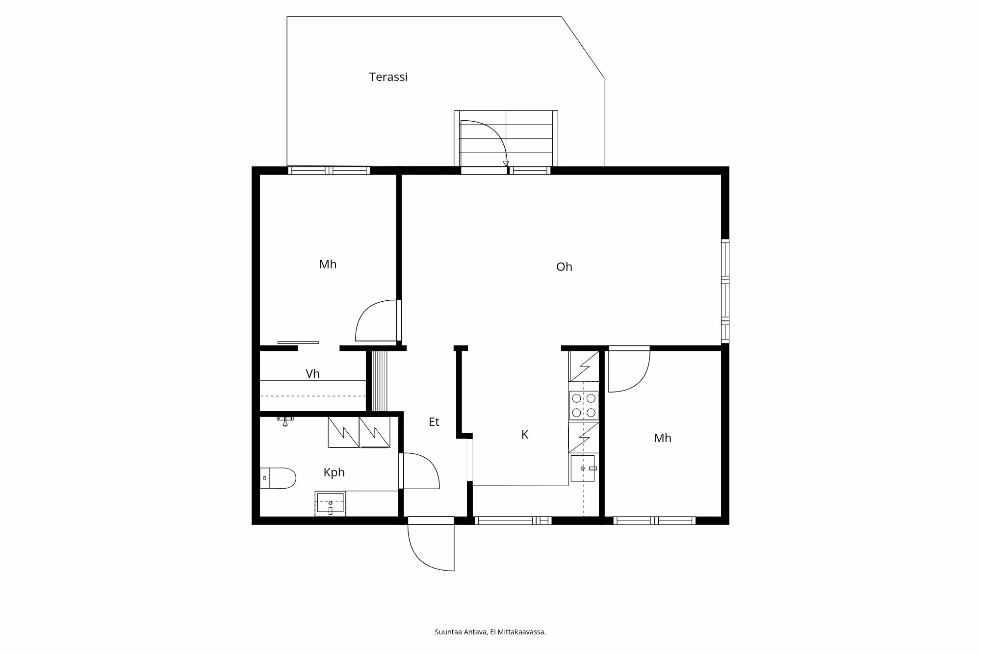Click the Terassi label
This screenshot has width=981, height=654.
pos(388,77)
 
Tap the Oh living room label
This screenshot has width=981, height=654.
pos(564,267)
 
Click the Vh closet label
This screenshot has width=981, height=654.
pos(312,374)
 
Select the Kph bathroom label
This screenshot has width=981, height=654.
pos(334,472)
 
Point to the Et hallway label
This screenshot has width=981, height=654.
pos(434,422)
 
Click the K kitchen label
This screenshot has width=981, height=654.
pos(524,435)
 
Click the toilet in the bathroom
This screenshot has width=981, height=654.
pos(279,478)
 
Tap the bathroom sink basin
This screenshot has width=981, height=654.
pos(330,504)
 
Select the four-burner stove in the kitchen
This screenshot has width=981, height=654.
pos(583,405)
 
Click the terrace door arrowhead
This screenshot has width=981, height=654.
pos(506,164)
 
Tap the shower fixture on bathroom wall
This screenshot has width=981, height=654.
pos(285,420)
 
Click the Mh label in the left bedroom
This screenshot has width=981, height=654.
pos(328,264)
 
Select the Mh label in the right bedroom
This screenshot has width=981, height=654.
pos(662,438)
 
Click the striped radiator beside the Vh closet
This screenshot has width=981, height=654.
pos(379,381)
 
